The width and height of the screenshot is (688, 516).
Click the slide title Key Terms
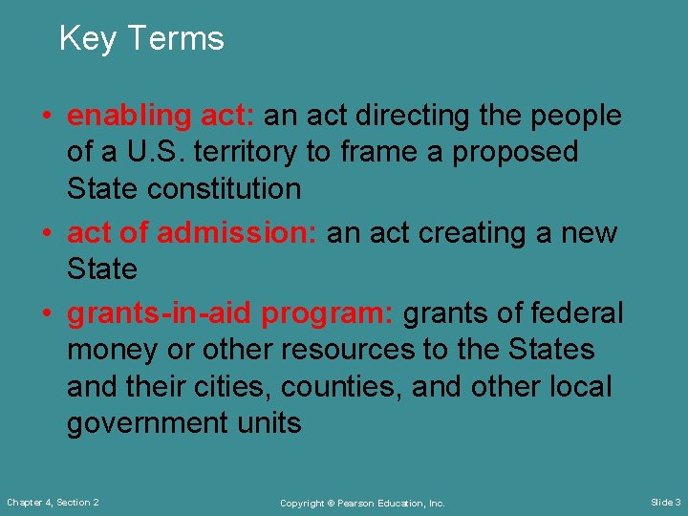pos(141,39)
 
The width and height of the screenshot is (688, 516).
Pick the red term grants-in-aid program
pos(231,313)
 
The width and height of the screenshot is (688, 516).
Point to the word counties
pos(336,386)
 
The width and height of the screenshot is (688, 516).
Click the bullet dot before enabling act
pos(46,117)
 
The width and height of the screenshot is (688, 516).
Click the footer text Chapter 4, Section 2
pos(54,503)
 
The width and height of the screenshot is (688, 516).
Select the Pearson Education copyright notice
pos(362,503)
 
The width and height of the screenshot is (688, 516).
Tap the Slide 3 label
pos(665,503)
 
